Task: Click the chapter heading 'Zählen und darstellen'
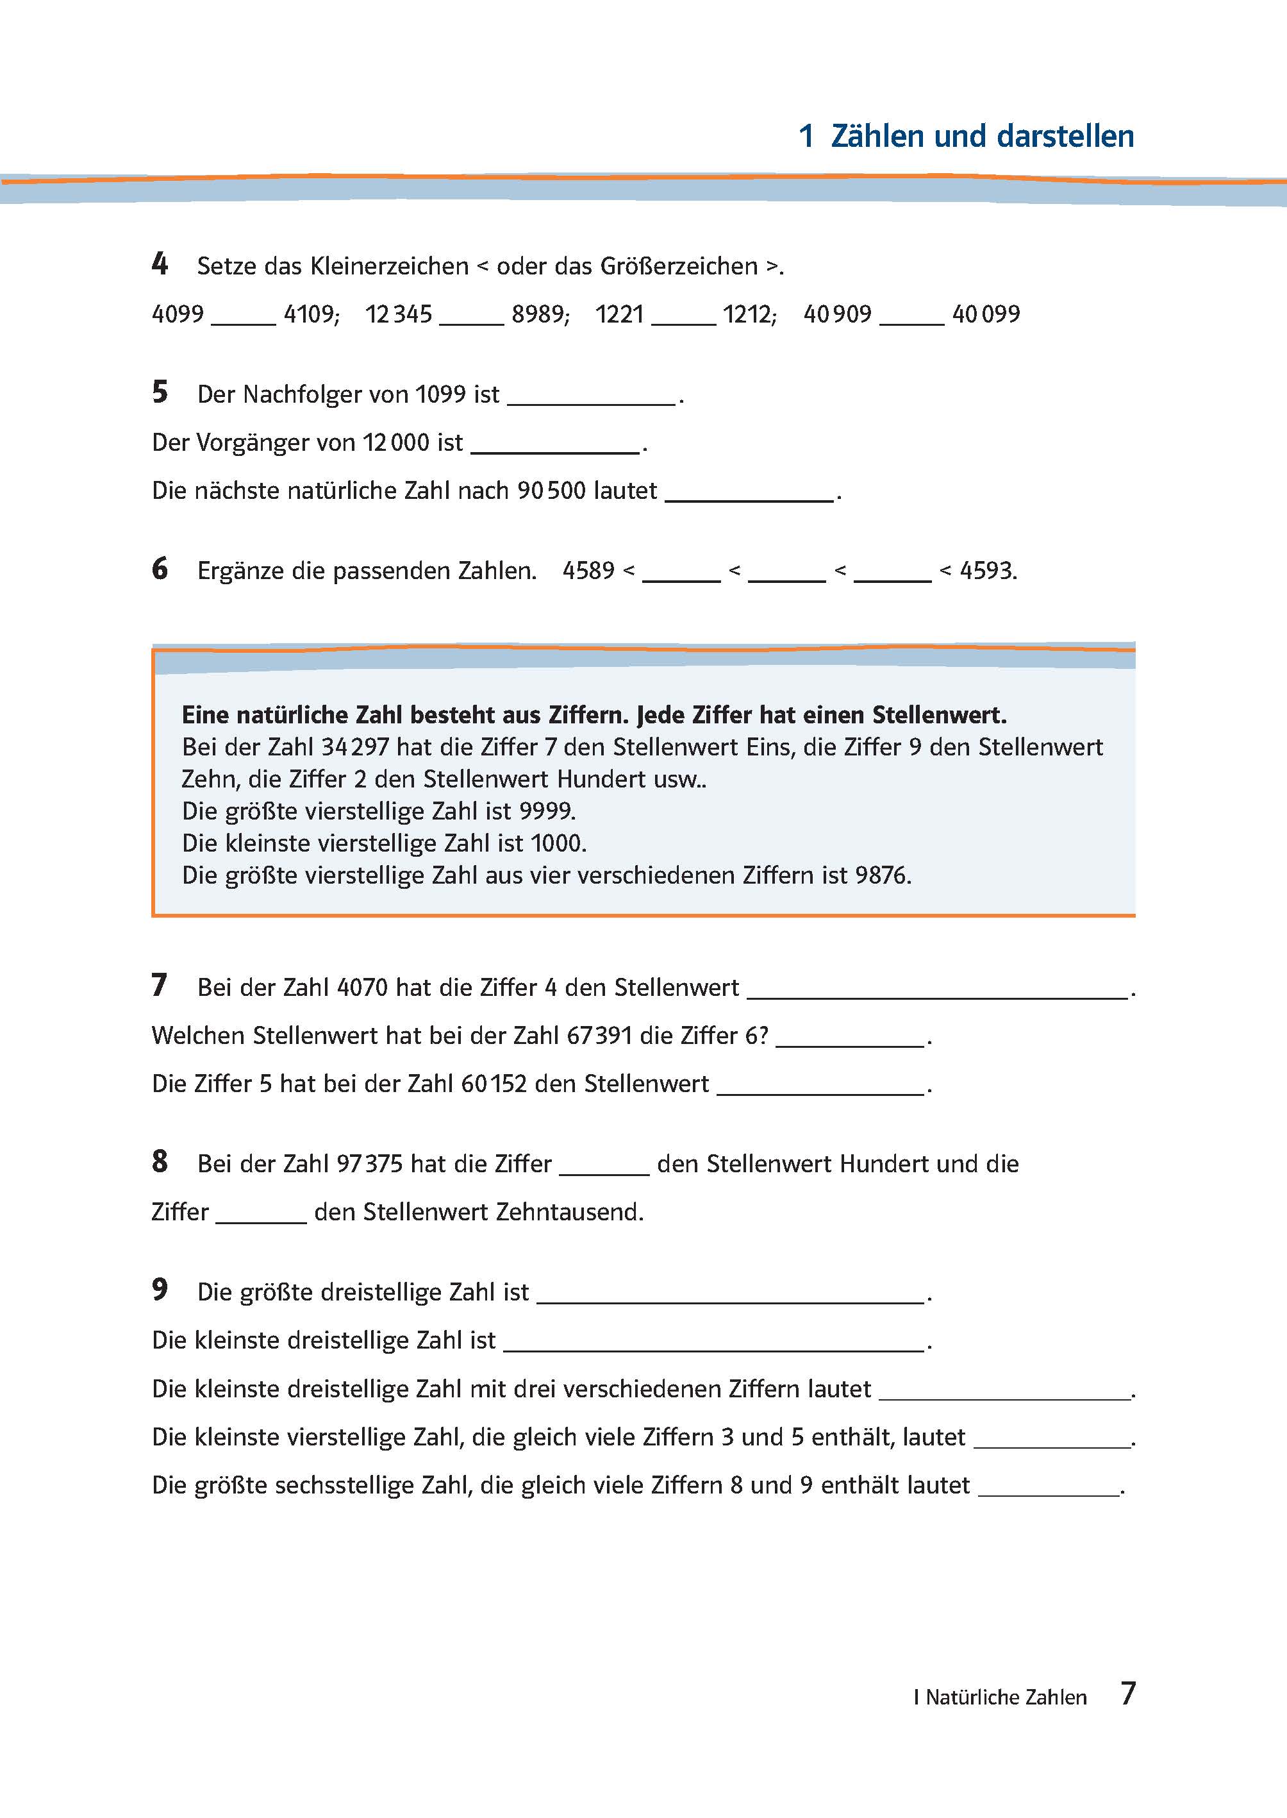pyautogui.click(x=982, y=137)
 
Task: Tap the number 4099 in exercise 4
pyautogui.click(x=178, y=314)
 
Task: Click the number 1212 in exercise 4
pyautogui.click(x=747, y=314)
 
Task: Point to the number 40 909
pyautogui.click(x=837, y=314)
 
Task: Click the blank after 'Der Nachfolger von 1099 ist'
pyautogui.click(x=591, y=396)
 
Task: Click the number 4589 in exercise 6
pyautogui.click(x=588, y=571)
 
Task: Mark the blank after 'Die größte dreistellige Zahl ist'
pyautogui.click(x=730, y=1294)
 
